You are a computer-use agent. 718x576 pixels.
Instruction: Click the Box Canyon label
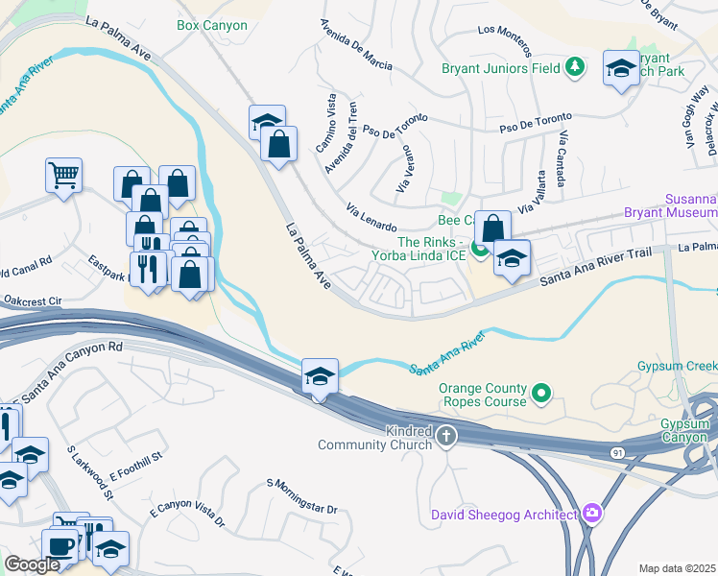pos(212,26)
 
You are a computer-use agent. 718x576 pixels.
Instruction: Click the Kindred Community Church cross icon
pos(445,438)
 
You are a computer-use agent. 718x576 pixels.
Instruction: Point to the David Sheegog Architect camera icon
pos(591,515)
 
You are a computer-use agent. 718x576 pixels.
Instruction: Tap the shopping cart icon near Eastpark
pos(63,175)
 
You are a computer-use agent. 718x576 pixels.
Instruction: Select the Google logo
pos(32,565)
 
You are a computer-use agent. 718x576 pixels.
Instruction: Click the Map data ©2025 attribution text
pos(678,568)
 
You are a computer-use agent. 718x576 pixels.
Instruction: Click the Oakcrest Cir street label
pos(32,300)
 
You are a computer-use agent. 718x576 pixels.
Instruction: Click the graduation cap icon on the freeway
pos(320,375)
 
